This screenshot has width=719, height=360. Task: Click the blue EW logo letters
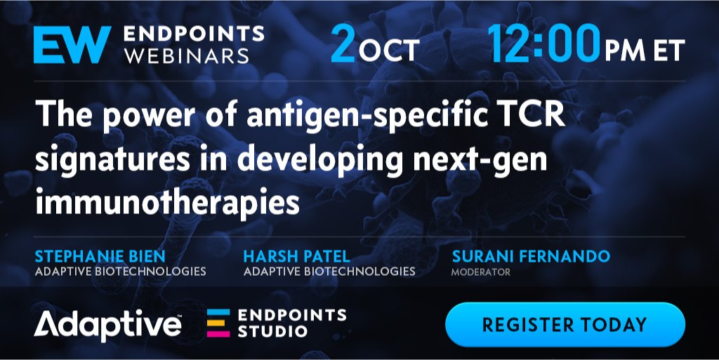(72, 44)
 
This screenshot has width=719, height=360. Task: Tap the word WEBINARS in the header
(187, 55)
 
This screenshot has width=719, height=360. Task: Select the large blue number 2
(343, 44)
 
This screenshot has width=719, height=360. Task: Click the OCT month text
(389, 50)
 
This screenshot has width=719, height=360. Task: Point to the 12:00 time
(544, 44)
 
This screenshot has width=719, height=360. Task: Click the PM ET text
(645, 50)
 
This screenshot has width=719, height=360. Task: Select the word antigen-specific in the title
(367, 116)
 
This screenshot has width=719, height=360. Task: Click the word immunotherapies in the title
(167, 201)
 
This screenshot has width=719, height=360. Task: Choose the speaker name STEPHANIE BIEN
(100, 256)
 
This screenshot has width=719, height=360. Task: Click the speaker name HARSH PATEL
(297, 256)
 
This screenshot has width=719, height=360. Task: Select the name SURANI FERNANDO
(531, 256)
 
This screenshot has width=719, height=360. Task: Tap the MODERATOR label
(480, 272)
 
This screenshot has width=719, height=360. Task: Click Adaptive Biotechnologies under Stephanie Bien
(120, 271)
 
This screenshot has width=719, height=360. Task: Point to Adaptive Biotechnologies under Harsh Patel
(329, 271)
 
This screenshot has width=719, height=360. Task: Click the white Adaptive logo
(107, 326)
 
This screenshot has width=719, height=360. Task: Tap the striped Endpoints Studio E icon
(218, 323)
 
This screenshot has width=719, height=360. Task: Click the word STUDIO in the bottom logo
(272, 331)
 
